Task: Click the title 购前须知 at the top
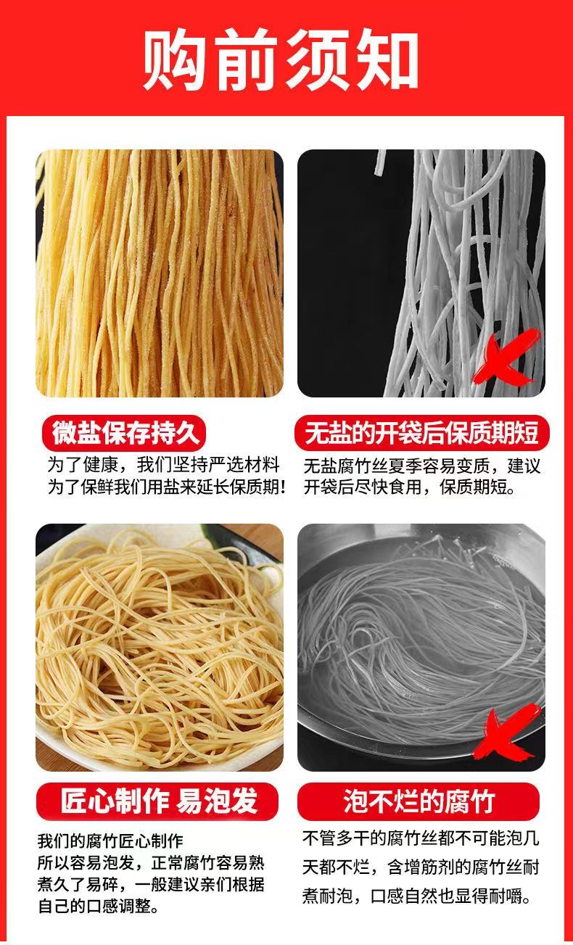(281, 59)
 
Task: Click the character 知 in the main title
(385, 59)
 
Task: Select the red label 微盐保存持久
(124, 433)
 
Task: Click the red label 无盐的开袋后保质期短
(421, 433)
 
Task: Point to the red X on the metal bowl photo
(506, 730)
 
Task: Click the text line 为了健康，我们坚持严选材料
(164, 465)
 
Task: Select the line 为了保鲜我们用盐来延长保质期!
(166, 487)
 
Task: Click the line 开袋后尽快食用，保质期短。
(410, 487)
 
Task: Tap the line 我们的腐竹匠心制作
(110, 841)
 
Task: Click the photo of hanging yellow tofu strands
(160, 273)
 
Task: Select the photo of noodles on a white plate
(160, 648)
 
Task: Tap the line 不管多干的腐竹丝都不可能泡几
(421, 838)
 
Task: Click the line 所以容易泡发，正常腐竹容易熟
(151, 862)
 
